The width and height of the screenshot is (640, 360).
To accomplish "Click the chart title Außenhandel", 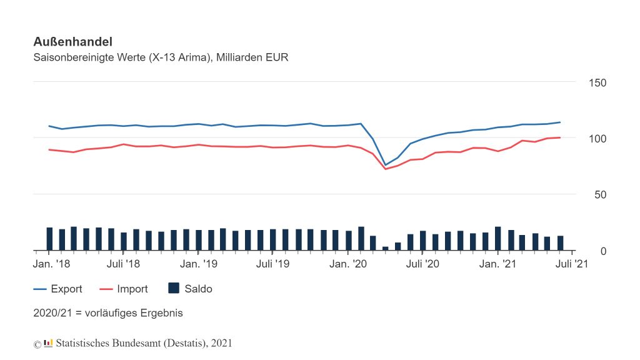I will (x=72, y=42).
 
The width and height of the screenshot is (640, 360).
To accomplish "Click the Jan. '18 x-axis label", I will (x=51, y=264).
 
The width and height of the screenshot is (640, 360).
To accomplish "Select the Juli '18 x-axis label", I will (x=123, y=264).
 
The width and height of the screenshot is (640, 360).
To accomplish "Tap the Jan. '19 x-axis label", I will (x=199, y=264).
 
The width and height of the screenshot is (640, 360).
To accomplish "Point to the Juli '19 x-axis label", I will (x=272, y=264).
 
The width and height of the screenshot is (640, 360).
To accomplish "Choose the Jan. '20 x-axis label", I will (x=347, y=264).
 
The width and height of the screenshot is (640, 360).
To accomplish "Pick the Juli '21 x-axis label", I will (x=572, y=264).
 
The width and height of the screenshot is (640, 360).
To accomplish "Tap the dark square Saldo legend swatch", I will (x=174, y=288).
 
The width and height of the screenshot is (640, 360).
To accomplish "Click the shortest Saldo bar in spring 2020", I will (x=386, y=248).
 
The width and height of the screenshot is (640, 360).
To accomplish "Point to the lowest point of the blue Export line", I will (x=386, y=165).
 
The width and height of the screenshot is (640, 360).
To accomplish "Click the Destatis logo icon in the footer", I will (x=48, y=343).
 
